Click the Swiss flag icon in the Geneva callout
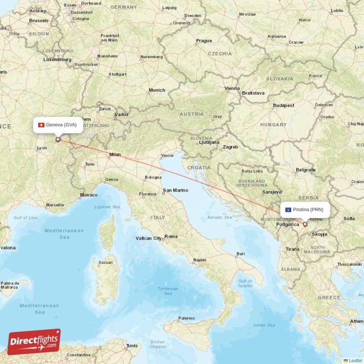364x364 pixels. click(41, 125)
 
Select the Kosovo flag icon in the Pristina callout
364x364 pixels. click(288, 210)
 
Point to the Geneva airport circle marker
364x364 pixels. click(58, 140)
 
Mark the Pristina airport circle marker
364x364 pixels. click(305, 224)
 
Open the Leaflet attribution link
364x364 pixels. click(355, 360)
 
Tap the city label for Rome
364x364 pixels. click(171, 237)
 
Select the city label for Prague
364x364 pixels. click(204, 41)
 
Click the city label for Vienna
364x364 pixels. click(232, 88)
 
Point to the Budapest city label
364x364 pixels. click(283, 106)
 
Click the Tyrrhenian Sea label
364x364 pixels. click(168, 291)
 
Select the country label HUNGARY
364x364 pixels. click(273, 125)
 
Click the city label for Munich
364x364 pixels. click(157, 91)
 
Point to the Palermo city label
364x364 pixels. click(187, 318)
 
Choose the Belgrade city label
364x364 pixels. click(306, 170)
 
